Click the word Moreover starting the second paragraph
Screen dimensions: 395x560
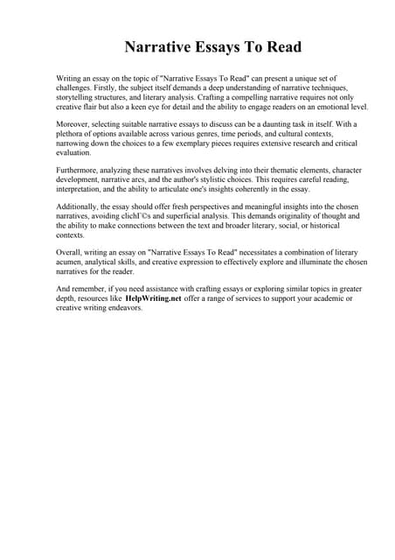75,125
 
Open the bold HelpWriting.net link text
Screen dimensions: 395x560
153,298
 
